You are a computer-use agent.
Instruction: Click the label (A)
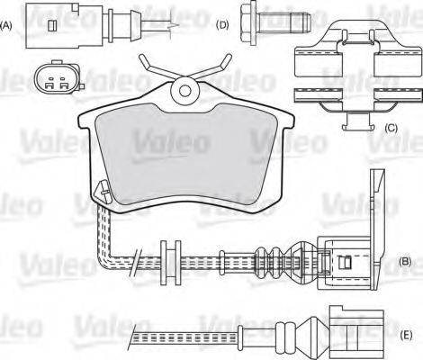pos(7,26)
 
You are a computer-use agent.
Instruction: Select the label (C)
pos(390,129)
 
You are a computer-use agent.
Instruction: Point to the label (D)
pos(222,24)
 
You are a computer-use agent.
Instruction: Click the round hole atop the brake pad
pos(186,89)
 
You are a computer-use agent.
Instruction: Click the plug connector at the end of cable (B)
pos(346,262)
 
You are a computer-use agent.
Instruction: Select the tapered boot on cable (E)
pos(301,335)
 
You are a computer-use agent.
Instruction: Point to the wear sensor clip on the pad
pos(103,191)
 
